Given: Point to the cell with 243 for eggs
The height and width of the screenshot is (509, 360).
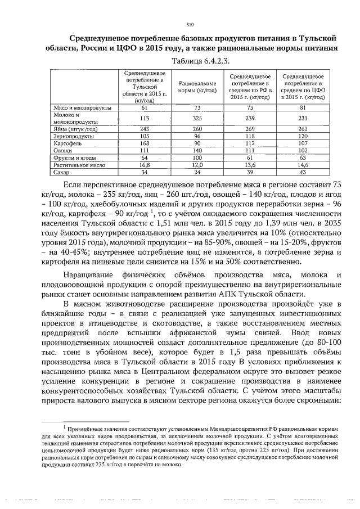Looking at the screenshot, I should (x=144, y=129).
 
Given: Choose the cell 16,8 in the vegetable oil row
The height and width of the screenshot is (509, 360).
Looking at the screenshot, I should (x=144, y=165).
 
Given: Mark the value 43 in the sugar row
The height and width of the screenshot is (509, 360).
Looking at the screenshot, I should (x=303, y=173).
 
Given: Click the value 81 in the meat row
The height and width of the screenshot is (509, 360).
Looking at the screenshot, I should (x=303, y=107).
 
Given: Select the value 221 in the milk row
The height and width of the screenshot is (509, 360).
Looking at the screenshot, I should (x=303, y=118).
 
